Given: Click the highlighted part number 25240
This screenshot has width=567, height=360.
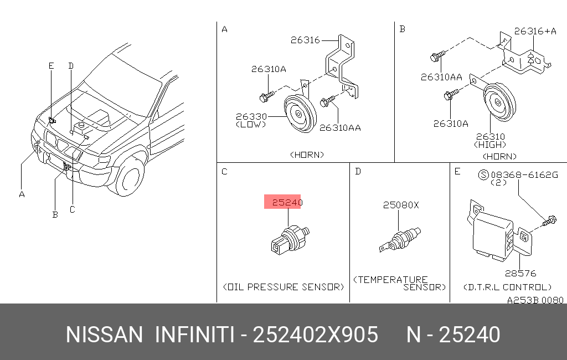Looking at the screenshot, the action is pyautogui.click(x=287, y=202).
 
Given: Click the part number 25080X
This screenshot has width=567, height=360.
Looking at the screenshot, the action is pyautogui.click(x=401, y=205).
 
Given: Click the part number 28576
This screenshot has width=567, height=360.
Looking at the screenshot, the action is pyautogui.click(x=520, y=274).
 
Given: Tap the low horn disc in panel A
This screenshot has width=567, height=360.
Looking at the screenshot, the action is pyautogui.click(x=300, y=114).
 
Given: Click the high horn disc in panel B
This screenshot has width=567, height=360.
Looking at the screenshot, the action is pyautogui.click(x=499, y=103).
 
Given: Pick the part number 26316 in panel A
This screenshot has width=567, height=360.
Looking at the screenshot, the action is pyautogui.click(x=305, y=40).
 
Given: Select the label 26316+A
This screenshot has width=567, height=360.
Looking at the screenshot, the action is pyautogui.click(x=535, y=32).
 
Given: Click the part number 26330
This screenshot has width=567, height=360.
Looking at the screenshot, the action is pyautogui.click(x=251, y=116).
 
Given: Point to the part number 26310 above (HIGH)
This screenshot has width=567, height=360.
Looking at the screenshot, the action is pyautogui.click(x=491, y=137).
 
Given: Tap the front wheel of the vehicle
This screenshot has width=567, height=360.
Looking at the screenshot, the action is pyautogui.click(x=128, y=177).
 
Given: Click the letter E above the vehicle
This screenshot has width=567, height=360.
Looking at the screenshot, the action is pyautogui.click(x=51, y=66).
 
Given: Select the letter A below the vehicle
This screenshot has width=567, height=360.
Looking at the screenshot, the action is pyautogui.click(x=22, y=194).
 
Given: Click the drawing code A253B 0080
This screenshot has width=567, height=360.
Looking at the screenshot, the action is pyautogui.click(x=535, y=300).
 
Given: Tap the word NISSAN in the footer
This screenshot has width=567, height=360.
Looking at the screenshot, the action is pyautogui.click(x=105, y=335).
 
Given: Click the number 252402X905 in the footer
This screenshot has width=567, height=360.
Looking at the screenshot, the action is pyautogui.click(x=315, y=335).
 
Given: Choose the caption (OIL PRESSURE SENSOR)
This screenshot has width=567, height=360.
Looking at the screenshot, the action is pyautogui.click(x=283, y=287).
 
